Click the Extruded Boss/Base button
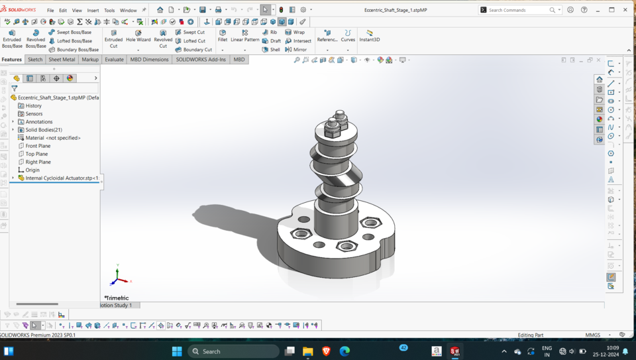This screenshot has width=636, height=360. tap(12, 39)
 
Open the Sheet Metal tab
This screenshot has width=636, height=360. tap(62, 60)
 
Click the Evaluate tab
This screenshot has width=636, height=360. tap(114, 60)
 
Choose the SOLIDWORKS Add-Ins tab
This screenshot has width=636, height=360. tap(200, 60)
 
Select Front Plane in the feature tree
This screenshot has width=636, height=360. tap(38, 146)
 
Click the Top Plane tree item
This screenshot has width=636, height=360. tap(36, 154)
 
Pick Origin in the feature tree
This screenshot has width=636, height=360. tap(32, 170)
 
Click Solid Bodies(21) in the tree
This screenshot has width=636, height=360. tap(43, 130)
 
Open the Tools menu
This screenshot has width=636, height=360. tap(109, 11)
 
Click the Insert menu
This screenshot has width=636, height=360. tap(93, 11)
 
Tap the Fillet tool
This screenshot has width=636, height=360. tap(223, 36)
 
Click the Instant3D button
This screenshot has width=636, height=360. tap(369, 36)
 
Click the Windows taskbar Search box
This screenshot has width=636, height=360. tap(233, 351)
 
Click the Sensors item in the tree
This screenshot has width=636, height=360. tap(34, 114)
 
